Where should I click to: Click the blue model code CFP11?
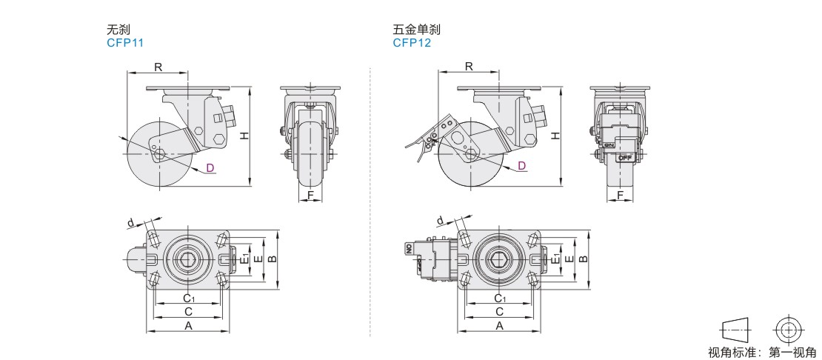[124, 43]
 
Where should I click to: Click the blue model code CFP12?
[412, 43]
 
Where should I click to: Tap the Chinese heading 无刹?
[118, 30]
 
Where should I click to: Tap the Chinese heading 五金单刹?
[417, 30]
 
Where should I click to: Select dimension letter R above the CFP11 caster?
[158, 67]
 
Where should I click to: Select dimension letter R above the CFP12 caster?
[470, 66]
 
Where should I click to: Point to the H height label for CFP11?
[244, 136]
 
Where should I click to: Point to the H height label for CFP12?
[555, 136]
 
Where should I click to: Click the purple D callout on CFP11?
[210, 167]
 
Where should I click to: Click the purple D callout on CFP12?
[521, 166]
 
